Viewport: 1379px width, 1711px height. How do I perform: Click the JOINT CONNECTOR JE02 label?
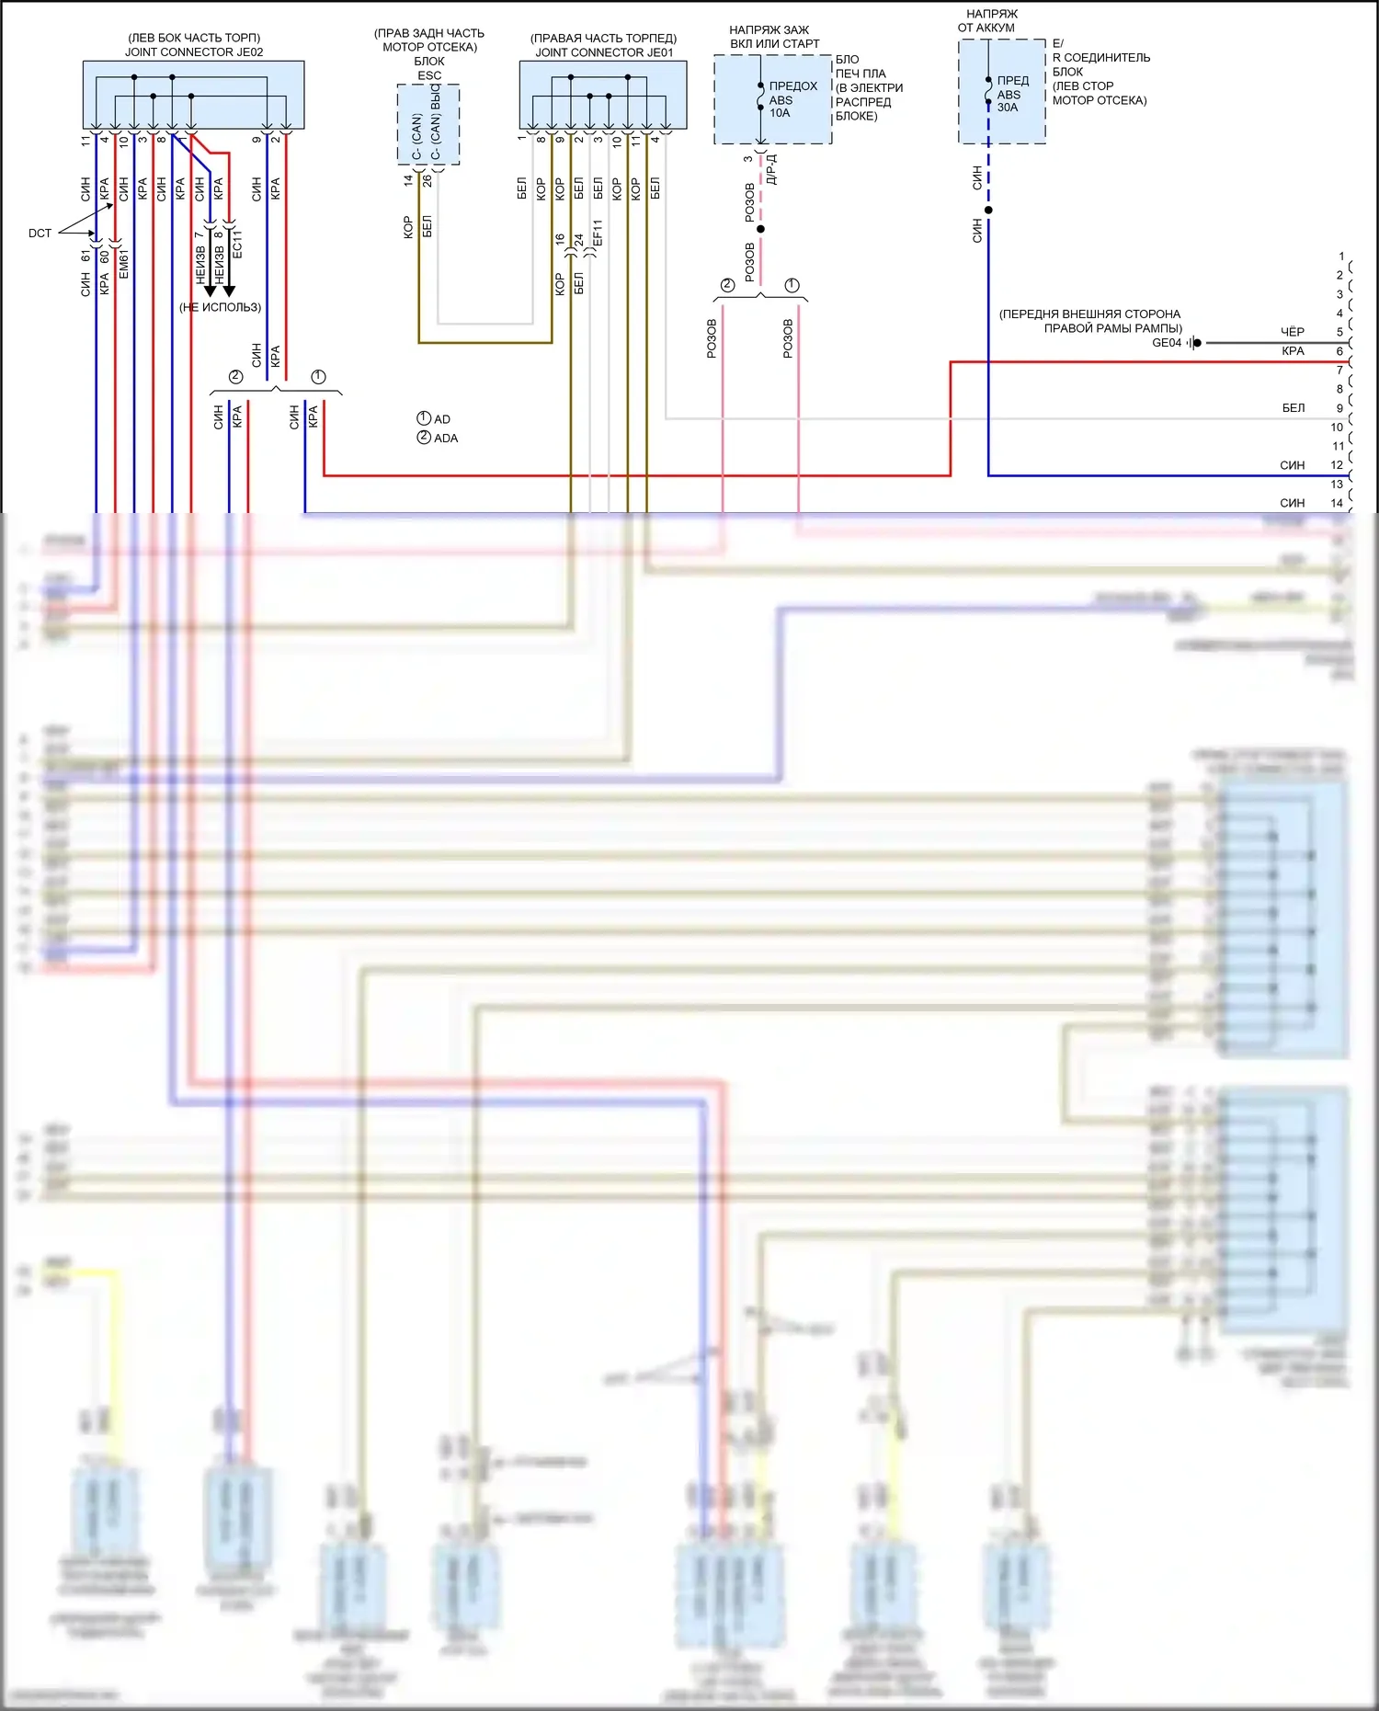pos(194,52)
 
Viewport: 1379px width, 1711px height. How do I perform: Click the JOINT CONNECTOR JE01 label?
pos(604,52)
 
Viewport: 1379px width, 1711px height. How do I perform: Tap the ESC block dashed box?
pos(428,124)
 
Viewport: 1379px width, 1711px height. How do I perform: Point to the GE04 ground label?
pos(1167,343)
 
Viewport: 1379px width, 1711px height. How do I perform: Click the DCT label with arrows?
pos(40,234)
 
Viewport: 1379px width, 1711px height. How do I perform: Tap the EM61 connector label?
pos(124,263)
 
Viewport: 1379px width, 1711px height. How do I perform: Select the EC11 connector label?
pos(237,245)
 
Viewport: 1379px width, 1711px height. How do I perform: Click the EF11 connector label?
pos(598,234)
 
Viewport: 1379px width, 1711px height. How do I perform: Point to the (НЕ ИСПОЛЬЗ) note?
pos(220,307)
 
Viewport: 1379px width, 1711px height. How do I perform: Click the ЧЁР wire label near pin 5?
pos(1293,332)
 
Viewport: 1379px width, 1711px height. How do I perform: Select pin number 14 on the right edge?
pos(1337,503)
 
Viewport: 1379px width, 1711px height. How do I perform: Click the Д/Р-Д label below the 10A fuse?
pos(772,169)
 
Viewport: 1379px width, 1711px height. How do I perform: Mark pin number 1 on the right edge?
pos(1341,257)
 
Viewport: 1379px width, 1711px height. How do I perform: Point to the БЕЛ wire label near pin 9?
pos(1294,408)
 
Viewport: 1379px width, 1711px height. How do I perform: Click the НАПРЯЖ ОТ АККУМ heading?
pos(987,21)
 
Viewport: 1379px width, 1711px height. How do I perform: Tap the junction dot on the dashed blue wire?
pos(988,211)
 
